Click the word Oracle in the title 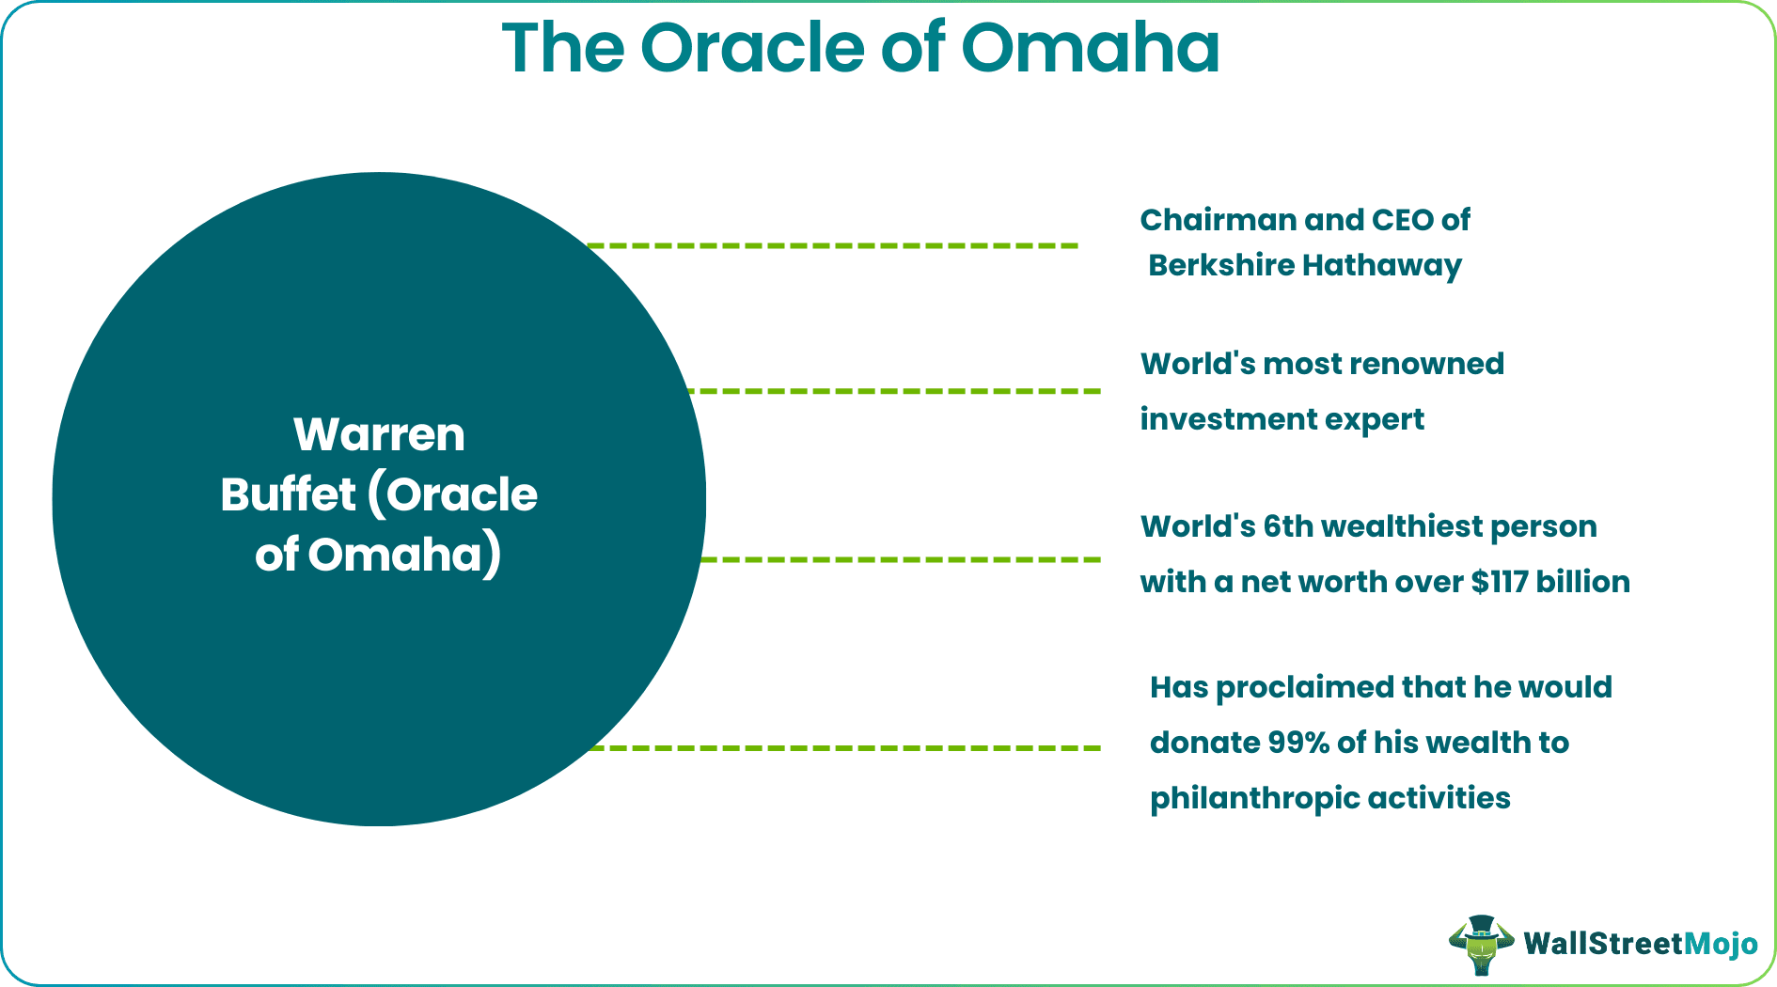coord(751,49)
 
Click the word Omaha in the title coord(1090,49)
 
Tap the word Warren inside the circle coord(379,435)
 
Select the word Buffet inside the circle coord(288,495)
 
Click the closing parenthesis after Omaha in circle coord(492,556)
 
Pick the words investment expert coord(1282,419)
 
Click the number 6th coord(1288,526)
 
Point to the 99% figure coord(1297,743)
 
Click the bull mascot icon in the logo coord(1481,944)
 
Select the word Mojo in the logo coord(1720,944)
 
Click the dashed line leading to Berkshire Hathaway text coord(832,245)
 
